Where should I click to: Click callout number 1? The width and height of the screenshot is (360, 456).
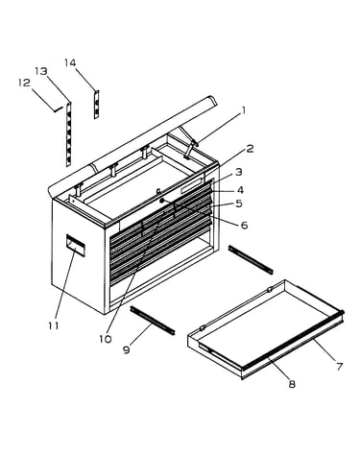[x=244, y=110]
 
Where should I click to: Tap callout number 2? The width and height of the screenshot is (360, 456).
[x=250, y=149]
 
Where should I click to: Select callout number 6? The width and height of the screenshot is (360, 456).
[x=244, y=226]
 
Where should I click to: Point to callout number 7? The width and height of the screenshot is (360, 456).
[x=339, y=367]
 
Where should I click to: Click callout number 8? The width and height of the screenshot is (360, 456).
[x=292, y=384]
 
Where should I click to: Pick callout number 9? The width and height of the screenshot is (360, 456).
[x=127, y=349]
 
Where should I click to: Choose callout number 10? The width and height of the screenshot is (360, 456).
[x=105, y=339]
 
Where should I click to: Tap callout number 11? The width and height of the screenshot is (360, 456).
[x=54, y=325]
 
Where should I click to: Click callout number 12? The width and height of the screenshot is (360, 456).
[x=24, y=83]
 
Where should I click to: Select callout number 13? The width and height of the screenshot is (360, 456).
[x=41, y=71]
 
